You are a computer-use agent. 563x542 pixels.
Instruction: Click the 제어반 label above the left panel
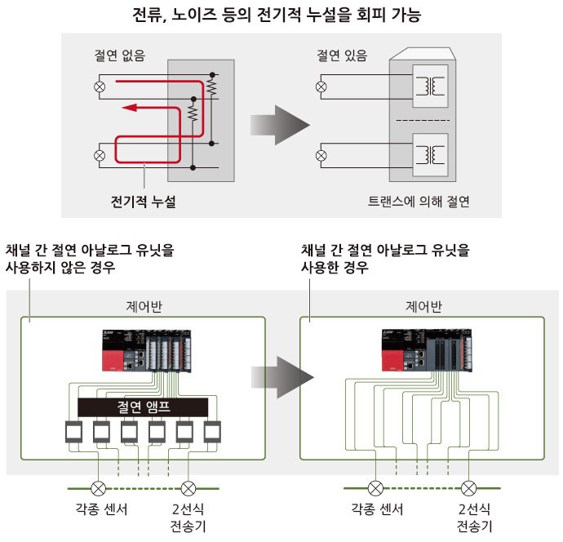[142, 307]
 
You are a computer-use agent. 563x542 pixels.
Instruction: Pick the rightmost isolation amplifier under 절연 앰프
[213, 432]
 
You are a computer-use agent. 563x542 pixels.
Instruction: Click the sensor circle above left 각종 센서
[97, 489]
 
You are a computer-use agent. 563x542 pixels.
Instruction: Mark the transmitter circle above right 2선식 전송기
[468, 489]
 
